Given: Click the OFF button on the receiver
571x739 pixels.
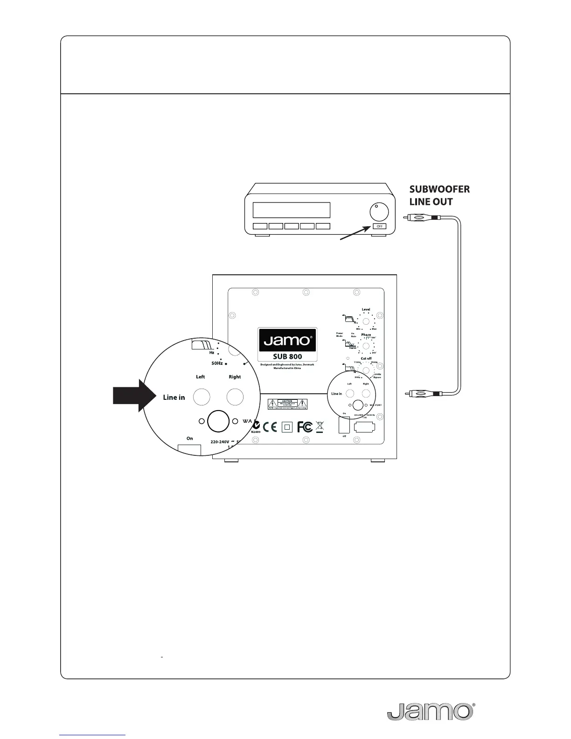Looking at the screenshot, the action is click(379, 226).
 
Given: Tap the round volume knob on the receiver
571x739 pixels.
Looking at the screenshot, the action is click(379, 212).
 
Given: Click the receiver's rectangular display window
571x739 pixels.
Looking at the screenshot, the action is click(291, 210).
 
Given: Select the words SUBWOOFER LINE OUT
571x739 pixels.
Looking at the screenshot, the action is click(439, 195).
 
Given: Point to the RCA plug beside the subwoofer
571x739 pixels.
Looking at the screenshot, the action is click(422, 393).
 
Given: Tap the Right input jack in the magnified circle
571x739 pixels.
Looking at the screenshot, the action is click(235, 397).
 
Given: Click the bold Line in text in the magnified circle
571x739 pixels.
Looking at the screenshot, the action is click(174, 397).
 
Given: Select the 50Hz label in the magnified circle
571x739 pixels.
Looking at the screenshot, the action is click(217, 363).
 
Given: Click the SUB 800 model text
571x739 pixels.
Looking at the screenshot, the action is click(287, 356).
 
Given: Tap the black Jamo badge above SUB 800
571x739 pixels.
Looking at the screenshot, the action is click(287, 340).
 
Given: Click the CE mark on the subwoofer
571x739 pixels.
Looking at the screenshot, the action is click(270, 427).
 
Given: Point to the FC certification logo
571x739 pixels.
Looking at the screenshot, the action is click(305, 427).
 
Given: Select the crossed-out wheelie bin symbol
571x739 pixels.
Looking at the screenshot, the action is click(320, 426).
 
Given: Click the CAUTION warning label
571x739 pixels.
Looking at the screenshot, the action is click(287, 404).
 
